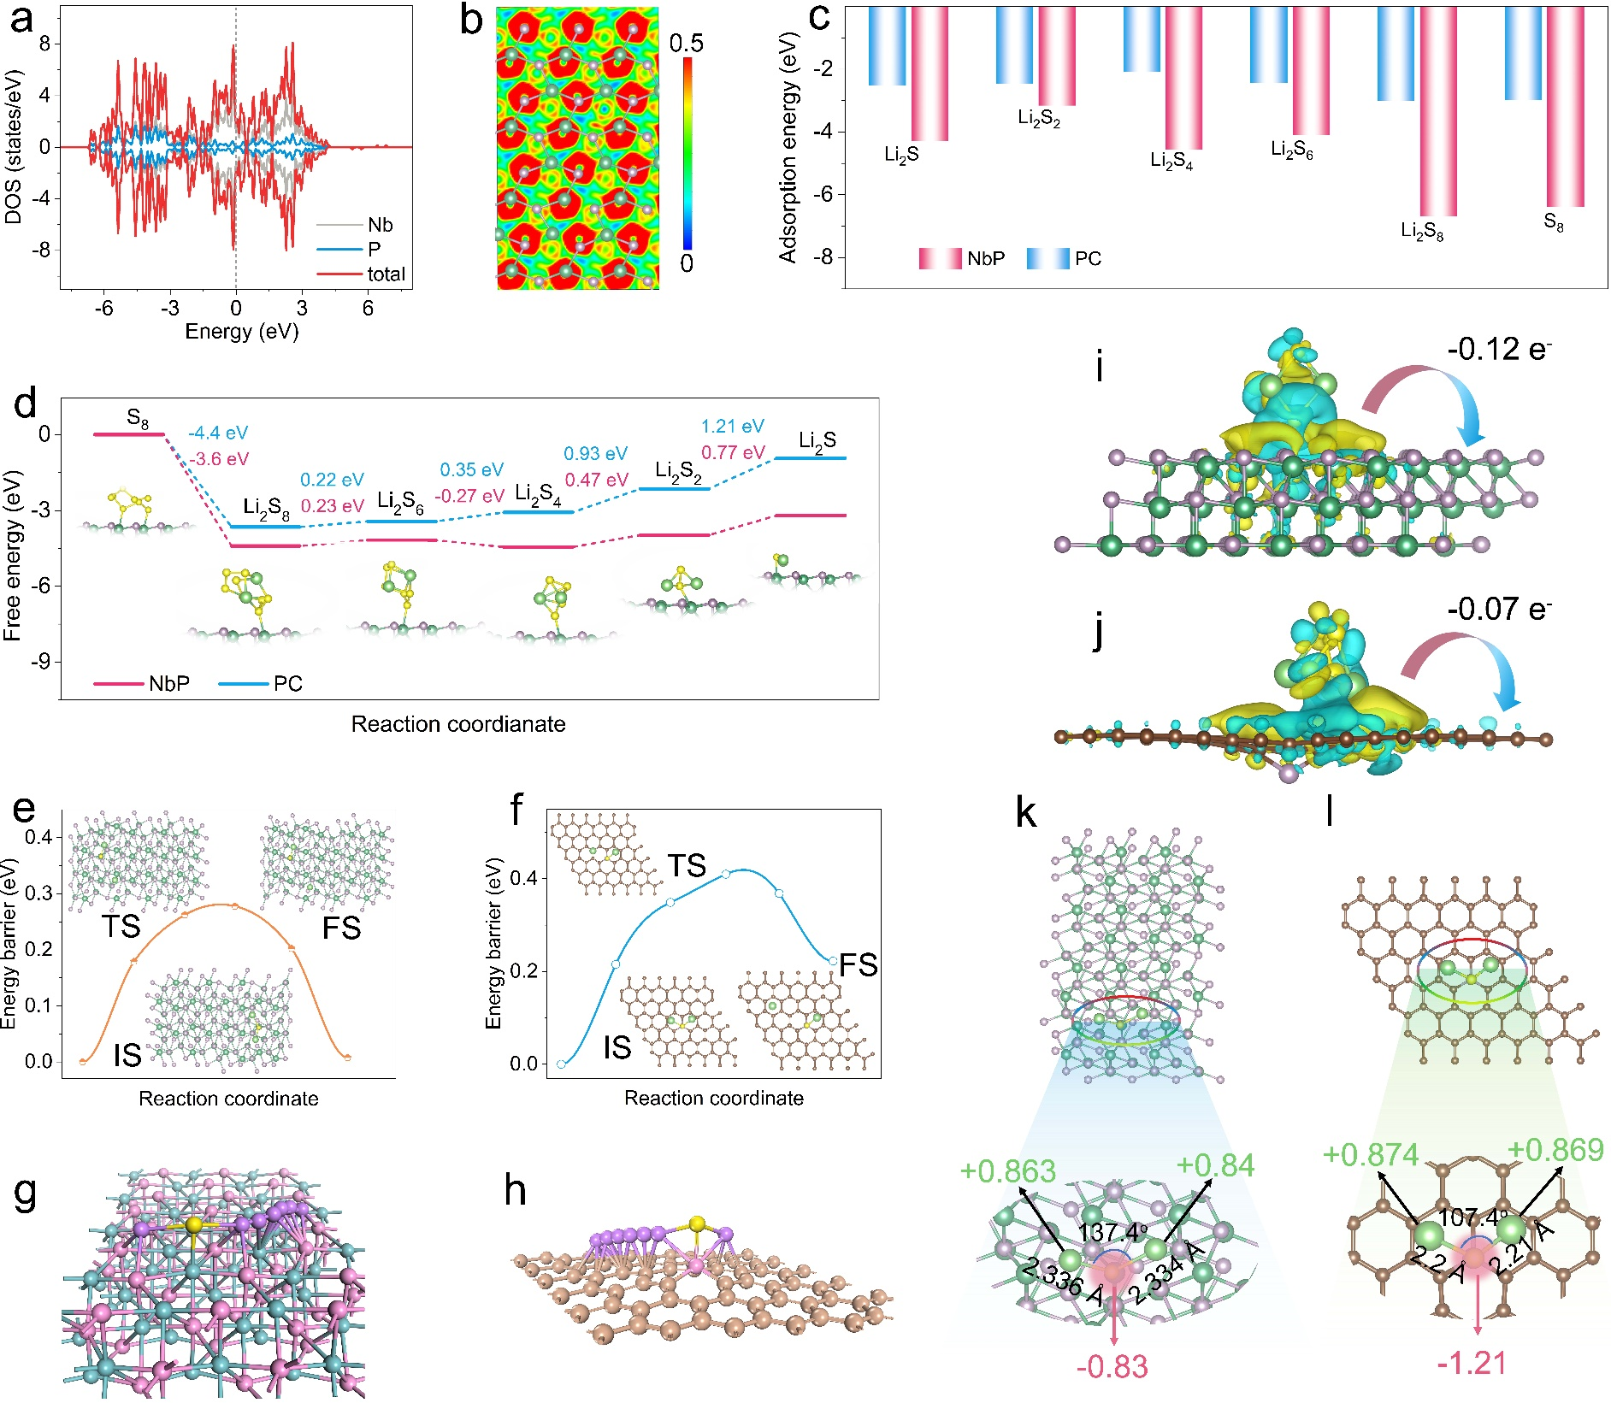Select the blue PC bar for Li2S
click(x=887, y=46)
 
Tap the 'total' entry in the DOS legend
click(x=386, y=274)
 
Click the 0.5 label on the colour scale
click(x=686, y=44)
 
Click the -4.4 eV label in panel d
click(x=218, y=433)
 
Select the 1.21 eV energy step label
click(x=733, y=426)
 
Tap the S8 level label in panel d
click(x=138, y=418)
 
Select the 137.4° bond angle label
click(x=1112, y=1232)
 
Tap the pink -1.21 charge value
click(x=1472, y=1363)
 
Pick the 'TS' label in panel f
click(x=687, y=866)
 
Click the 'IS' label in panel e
click(x=127, y=1055)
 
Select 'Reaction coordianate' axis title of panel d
click(x=458, y=724)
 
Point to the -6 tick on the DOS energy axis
click(x=103, y=309)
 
